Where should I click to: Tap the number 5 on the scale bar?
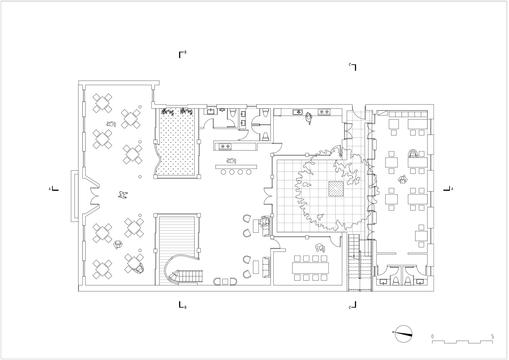click(492, 337)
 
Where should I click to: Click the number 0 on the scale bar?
click(432, 337)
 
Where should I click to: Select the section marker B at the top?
click(182, 55)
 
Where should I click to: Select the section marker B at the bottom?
click(182, 305)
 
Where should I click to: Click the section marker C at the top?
click(353, 67)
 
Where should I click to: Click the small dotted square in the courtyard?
click(336, 189)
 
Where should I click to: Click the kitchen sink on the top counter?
click(297, 112)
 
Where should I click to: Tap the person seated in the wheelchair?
click(138, 269)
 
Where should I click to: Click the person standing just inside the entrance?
click(123, 195)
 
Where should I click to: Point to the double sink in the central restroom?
click(243, 119)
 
